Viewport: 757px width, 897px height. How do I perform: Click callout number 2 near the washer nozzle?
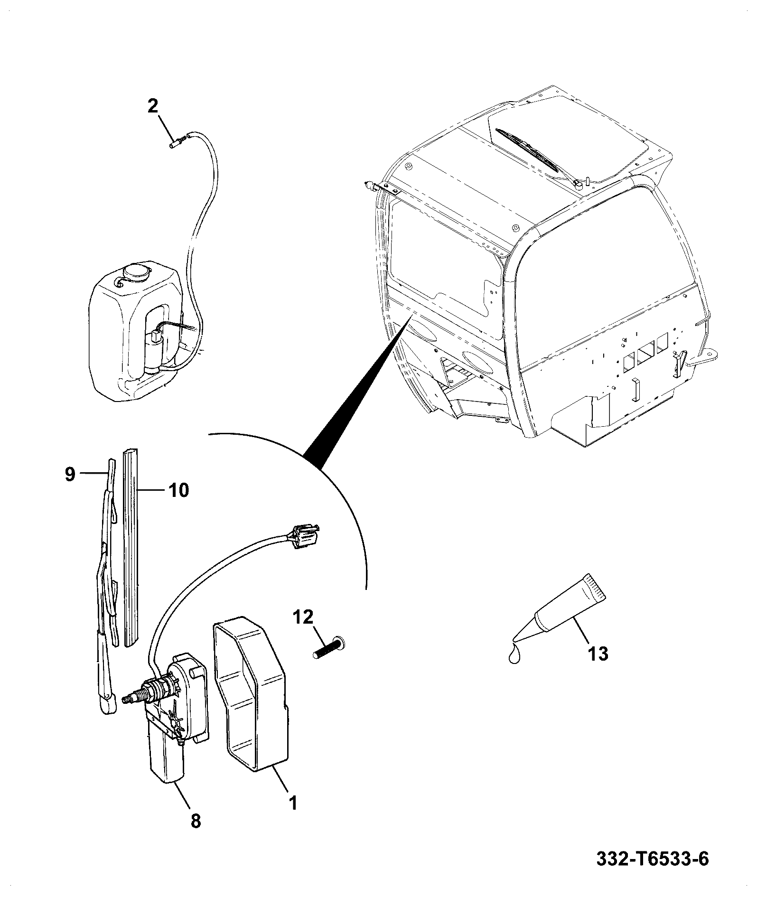[152, 106]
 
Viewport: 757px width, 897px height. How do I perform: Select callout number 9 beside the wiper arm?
[70, 474]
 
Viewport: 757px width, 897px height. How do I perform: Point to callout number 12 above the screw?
[303, 617]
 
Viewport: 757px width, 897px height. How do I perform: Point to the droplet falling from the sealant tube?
[513, 655]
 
